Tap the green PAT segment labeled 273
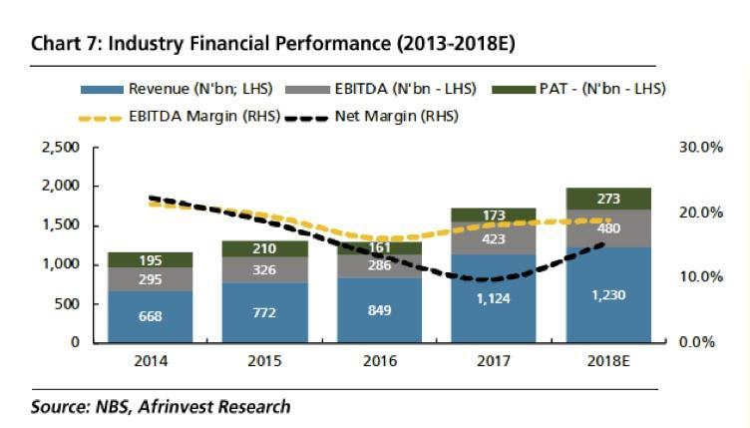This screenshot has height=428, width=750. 608,199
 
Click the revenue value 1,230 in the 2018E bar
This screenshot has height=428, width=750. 608,294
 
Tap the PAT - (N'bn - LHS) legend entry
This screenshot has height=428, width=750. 592,89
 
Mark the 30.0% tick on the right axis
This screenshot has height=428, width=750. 699,148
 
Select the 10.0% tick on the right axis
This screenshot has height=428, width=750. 699,277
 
